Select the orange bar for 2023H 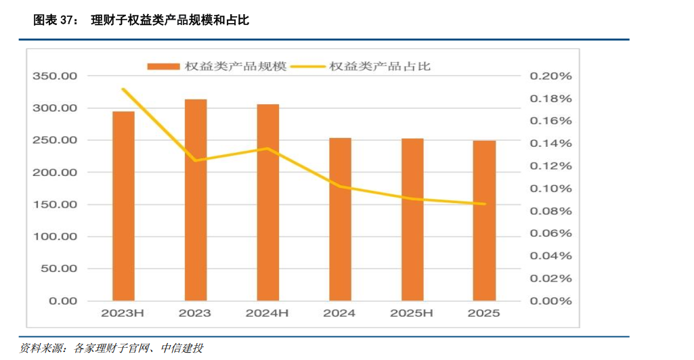(x=123, y=206)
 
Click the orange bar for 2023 (x=196, y=200)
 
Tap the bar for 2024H (x=267, y=202)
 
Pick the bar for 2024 (x=340, y=219)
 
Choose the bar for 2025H (x=412, y=220)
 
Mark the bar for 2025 (x=484, y=221)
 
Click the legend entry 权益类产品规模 (x=217, y=66)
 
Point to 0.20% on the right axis (x=550, y=76)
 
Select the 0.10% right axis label (x=550, y=189)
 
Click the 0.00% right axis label (x=550, y=301)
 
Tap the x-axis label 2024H (x=267, y=313)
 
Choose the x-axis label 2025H (x=412, y=313)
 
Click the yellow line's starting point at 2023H (x=123, y=89)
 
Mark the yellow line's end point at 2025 (x=484, y=204)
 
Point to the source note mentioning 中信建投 (x=112, y=348)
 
